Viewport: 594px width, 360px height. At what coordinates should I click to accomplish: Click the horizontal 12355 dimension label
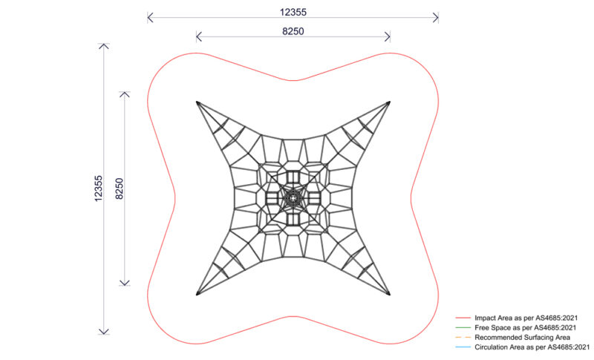coord(293,10)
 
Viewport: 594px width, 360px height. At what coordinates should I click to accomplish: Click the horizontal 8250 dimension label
coord(293,31)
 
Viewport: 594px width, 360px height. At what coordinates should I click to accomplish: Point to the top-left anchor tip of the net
coord(198,102)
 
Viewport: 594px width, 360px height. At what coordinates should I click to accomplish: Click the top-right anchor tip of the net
coord(390,102)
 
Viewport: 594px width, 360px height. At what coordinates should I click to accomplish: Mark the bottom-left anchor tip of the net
coord(198,294)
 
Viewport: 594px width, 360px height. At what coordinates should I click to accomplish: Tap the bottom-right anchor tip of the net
coord(390,294)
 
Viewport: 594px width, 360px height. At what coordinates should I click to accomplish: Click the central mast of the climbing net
coord(293,198)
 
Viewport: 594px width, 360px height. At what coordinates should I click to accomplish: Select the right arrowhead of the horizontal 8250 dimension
coord(388,36)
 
